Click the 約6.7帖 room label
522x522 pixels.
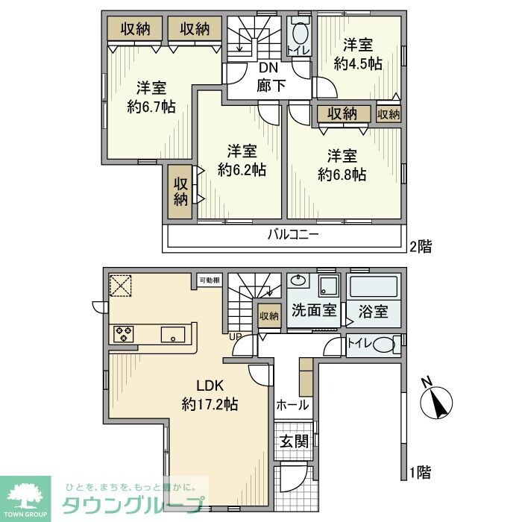151,106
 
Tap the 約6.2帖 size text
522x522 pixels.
242,170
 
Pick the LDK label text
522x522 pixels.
210,386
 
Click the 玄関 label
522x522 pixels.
294,441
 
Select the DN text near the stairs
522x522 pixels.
268,68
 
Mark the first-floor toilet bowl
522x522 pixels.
381,345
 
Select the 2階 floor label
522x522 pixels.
420,245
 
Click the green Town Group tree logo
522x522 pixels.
25,495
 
